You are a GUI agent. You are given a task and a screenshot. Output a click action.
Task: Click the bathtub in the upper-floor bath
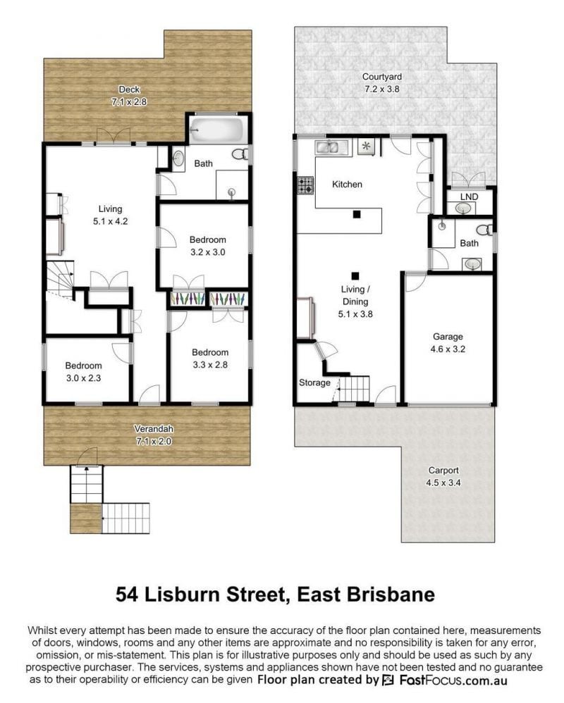217,129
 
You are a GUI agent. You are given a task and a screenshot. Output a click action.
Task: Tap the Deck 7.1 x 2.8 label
129,96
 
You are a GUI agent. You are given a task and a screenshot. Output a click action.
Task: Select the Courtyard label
382,77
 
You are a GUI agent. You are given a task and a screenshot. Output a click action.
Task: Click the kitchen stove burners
305,185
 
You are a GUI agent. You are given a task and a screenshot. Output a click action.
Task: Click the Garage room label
448,337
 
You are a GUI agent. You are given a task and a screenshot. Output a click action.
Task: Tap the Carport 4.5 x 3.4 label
443,477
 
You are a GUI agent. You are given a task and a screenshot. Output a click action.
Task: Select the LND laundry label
469,197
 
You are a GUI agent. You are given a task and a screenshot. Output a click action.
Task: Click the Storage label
314,383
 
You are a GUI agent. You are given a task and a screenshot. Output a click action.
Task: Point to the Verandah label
154,429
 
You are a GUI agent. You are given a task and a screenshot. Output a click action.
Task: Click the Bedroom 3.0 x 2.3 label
83,372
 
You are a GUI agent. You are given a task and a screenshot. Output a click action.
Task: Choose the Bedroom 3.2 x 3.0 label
208,246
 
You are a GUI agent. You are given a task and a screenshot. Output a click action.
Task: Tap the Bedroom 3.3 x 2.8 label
210,359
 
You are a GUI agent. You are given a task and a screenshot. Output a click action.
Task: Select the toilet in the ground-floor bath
484,230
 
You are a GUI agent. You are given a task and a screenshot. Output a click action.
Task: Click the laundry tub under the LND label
462,209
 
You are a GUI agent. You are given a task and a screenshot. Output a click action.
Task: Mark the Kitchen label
347,185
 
